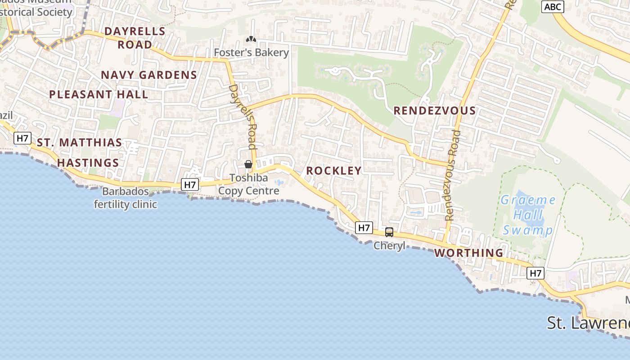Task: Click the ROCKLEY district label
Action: pyautogui.click(x=334, y=171)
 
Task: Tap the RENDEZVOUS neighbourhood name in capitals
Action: pyautogui.click(x=434, y=111)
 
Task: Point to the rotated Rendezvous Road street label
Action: pyautogui.click(x=453, y=175)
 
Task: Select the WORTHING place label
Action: pyautogui.click(x=469, y=253)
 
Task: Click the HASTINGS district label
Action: pyautogui.click(x=88, y=163)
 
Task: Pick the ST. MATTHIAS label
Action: pyautogui.click(x=79, y=143)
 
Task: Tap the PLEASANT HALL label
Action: pyautogui.click(x=99, y=94)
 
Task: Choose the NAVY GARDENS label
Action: pyautogui.click(x=149, y=75)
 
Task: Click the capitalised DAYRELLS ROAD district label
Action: pyautogui.click(x=135, y=38)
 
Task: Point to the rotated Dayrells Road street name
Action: pyautogui.click(x=243, y=117)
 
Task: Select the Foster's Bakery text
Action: pyautogui.click(x=251, y=53)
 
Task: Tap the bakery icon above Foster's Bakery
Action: pyautogui.click(x=251, y=39)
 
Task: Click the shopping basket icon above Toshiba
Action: pyautogui.click(x=248, y=164)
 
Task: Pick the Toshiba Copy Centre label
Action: pyautogui.click(x=249, y=184)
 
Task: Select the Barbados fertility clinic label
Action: pyautogui.click(x=126, y=198)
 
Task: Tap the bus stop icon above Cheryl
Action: pyautogui.click(x=389, y=232)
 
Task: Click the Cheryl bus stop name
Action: pyautogui.click(x=389, y=246)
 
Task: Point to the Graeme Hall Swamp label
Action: pyautogui.click(x=528, y=215)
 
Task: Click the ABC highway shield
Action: pyautogui.click(x=552, y=7)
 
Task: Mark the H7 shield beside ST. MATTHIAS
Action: pyautogui.click(x=22, y=138)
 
